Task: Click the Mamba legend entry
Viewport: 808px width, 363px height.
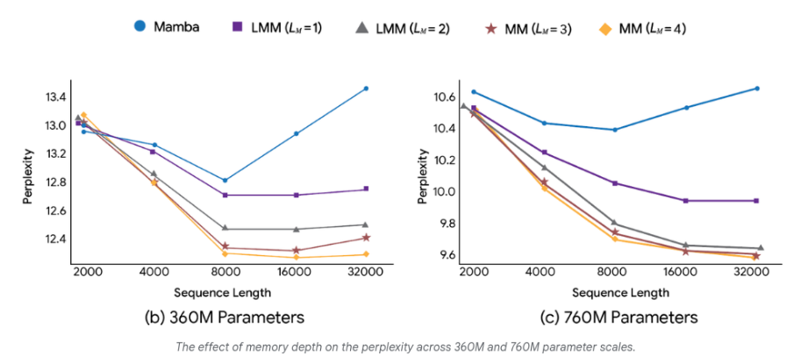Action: pyautogui.click(x=167, y=26)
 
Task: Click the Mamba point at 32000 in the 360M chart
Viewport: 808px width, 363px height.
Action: pyautogui.click(x=365, y=89)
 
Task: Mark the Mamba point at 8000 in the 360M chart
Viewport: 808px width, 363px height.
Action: pyautogui.click(x=225, y=181)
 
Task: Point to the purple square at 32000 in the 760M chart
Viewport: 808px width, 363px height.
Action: pyautogui.click(x=756, y=201)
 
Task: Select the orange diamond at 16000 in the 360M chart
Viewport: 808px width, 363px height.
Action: pyautogui.click(x=296, y=257)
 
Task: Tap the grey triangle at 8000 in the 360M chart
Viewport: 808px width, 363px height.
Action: pyautogui.click(x=225, y=229)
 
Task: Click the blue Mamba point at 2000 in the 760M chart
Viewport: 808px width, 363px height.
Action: pyautogui.click(x=474, y=92)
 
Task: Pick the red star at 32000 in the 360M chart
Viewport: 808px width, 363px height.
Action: pyautogui.click(x=365, y=238)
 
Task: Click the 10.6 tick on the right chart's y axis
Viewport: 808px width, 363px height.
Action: pyautogui.click(x=443, y=96)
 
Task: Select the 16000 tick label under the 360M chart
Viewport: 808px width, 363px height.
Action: pyautogui.click(x=296, y=273)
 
